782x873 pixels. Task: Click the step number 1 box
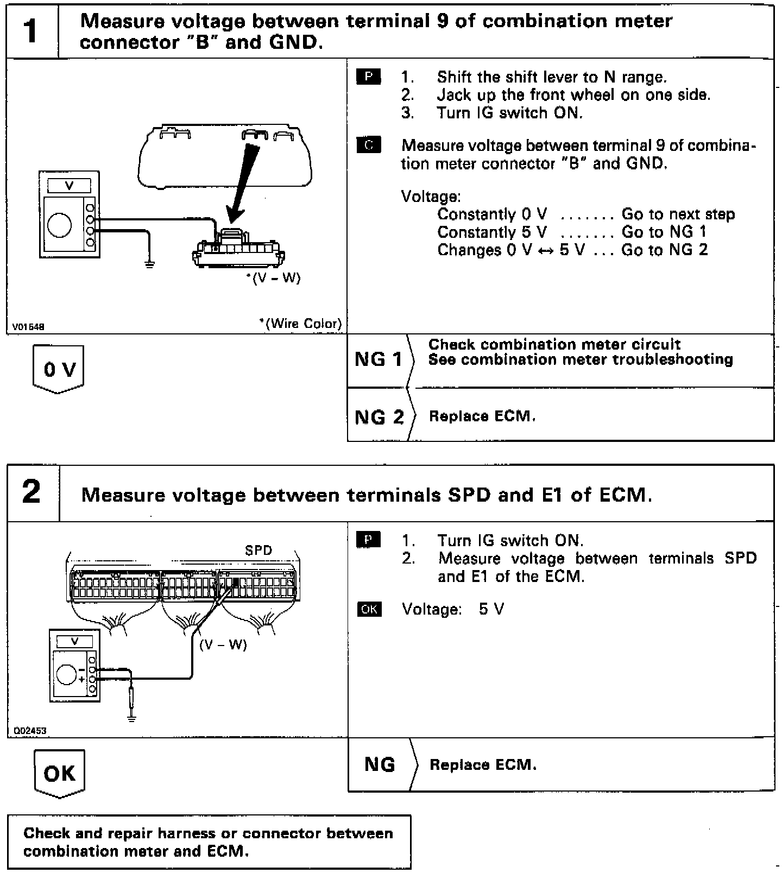point(31,31)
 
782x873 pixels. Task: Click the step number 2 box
point(32,492)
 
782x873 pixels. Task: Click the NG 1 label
point(379,359)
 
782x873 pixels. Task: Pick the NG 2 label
point(379,417)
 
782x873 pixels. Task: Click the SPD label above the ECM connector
point(258,550)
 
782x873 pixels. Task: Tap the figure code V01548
point(28,327)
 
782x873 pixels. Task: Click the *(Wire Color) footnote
point(301,324)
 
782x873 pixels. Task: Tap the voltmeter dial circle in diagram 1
point(59,226)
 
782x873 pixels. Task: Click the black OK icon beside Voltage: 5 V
point(369,609)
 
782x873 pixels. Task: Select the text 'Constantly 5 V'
point(492,232)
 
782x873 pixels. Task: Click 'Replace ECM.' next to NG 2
point(482,416)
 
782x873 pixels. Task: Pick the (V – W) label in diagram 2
point(223,644)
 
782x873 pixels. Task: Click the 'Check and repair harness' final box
point(209,842)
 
